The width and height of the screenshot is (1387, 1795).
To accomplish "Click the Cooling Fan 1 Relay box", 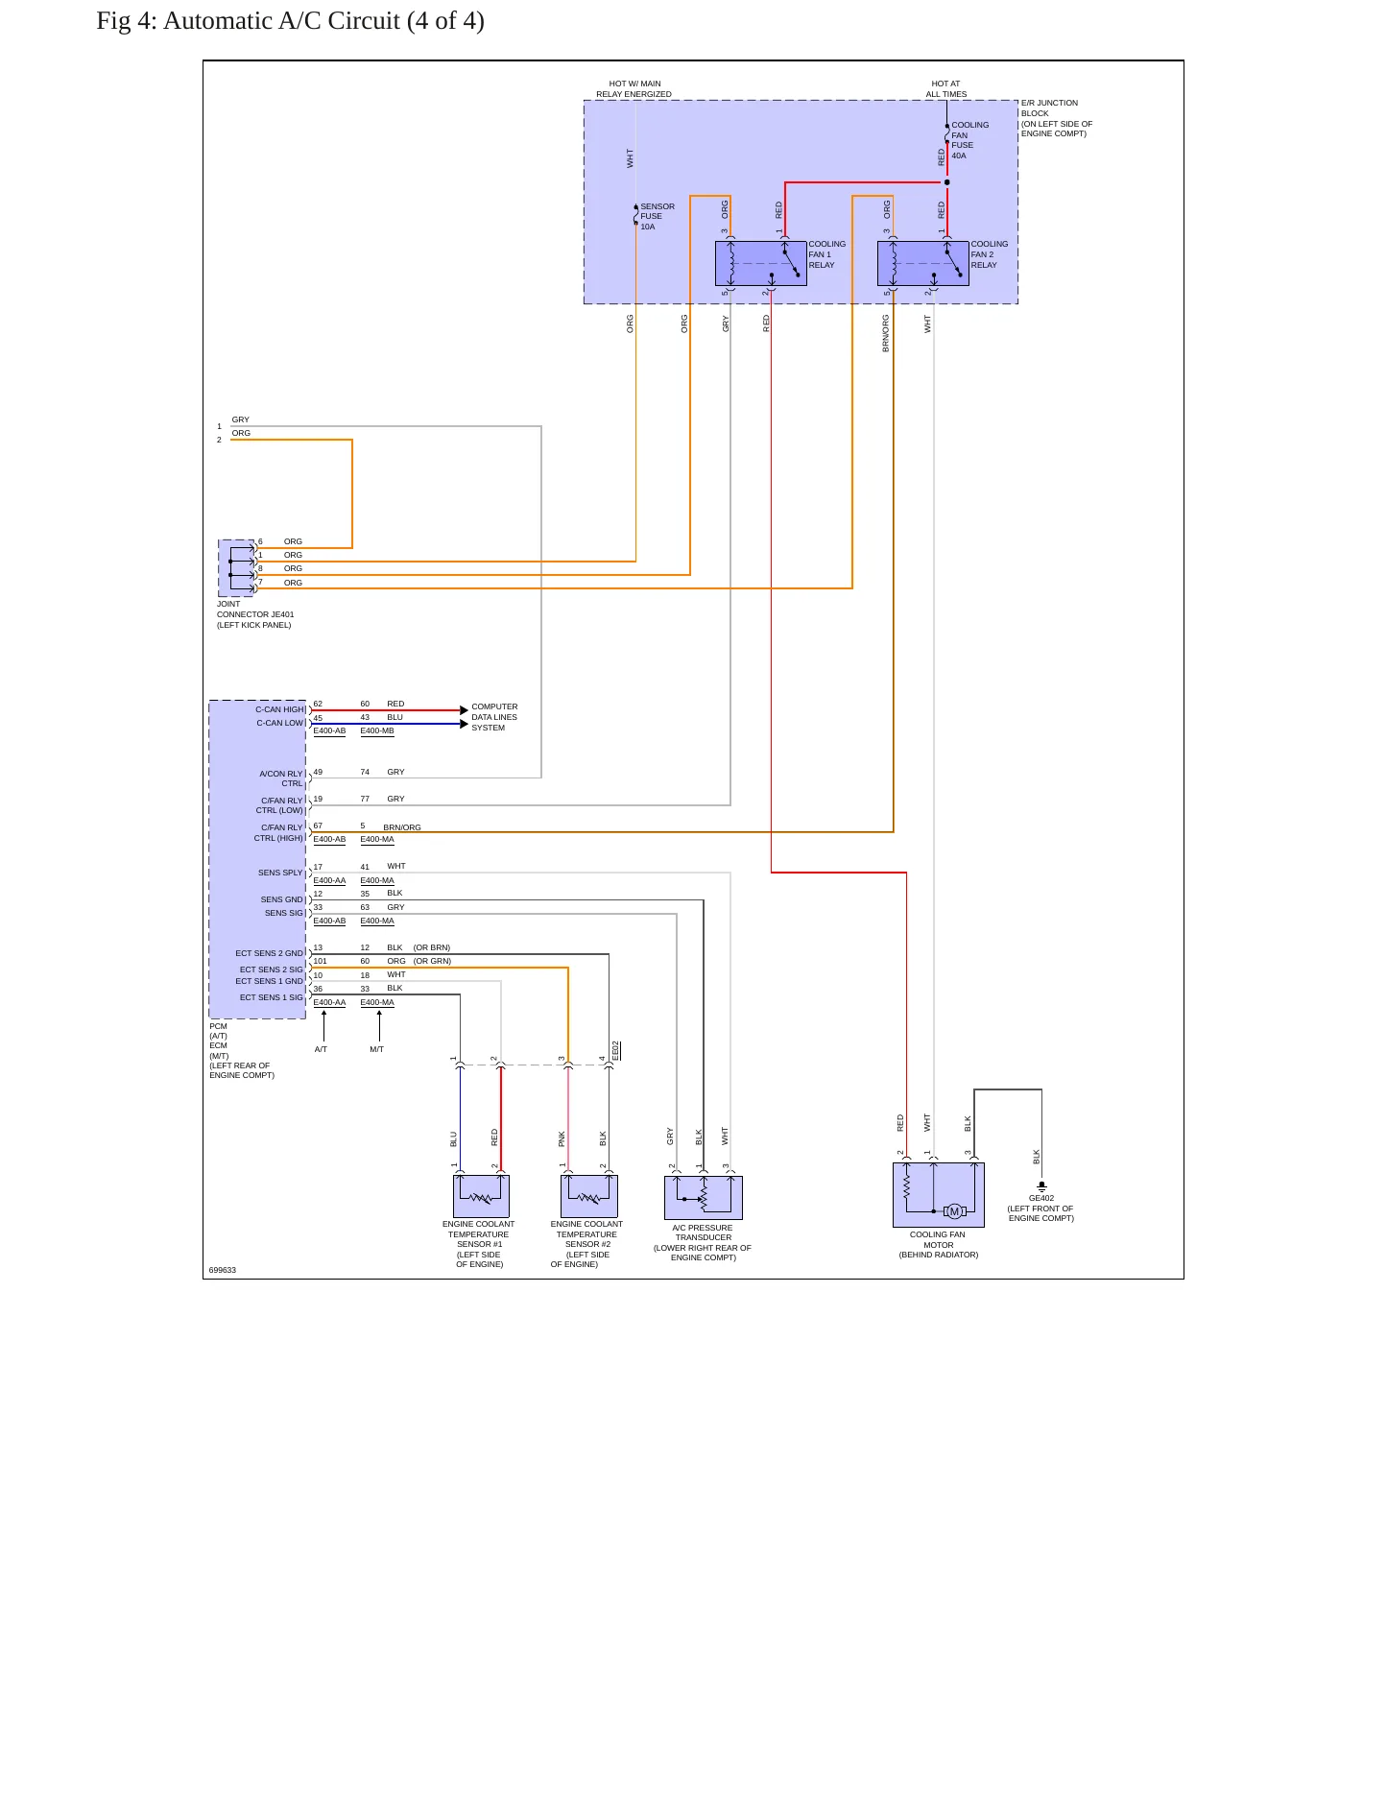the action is click(760, 263).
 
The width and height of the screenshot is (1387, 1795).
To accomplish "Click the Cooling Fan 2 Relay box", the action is click(922, 263).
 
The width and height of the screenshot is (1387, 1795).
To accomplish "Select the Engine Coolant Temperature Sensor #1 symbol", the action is click(481, 1196).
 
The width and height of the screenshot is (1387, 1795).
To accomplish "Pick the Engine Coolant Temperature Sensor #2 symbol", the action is click(588, 1196).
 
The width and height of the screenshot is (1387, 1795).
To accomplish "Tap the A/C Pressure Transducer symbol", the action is click(704, 1197).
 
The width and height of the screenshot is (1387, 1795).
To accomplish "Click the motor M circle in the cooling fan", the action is click(954, 1211).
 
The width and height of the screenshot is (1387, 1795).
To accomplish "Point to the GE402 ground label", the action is click(1041, 1198).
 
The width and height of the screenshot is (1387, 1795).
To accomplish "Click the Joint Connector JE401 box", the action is click(237, 567).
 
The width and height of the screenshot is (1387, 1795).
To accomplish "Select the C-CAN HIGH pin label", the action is click(279, 709).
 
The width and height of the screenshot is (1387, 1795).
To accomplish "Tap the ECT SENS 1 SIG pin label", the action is click(271, 997).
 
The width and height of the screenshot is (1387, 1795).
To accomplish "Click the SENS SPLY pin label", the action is click(280, 873).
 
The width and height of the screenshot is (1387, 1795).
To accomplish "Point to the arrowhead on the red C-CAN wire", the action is click(465, 710).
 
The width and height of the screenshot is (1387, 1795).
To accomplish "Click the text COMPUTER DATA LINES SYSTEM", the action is click(494, 717).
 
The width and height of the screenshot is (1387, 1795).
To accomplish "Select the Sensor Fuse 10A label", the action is click(658, 216).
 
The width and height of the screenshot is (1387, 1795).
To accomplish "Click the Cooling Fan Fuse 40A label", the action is click(969, 140).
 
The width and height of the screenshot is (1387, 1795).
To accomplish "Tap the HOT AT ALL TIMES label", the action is click(946, 88).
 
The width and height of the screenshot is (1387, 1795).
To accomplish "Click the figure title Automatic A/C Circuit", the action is click(290, 21).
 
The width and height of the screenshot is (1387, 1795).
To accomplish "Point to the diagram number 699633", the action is click(223, 1270).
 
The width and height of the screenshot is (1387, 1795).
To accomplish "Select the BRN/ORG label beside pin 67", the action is click(402, 827).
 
